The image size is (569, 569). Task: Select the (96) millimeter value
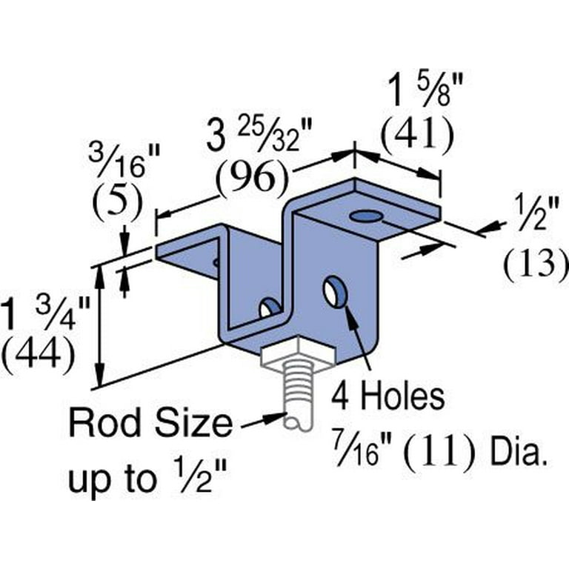point(250,178)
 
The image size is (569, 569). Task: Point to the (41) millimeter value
point(416,133)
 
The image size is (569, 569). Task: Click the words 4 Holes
point(387,397)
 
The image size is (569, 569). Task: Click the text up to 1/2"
point(146,480)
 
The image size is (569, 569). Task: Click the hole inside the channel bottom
point(268,307)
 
